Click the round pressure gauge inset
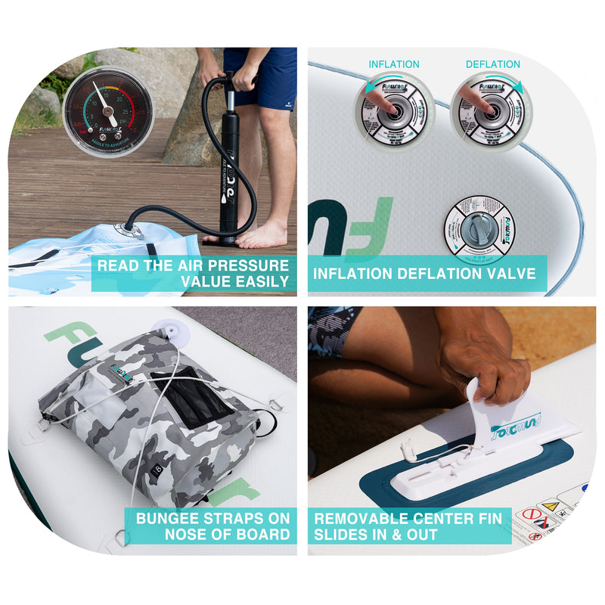pos(107,111)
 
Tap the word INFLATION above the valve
pos(393,64)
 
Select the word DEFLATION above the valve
pos(492,64)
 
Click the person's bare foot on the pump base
pos(261,234)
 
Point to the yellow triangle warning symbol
pos(550,506)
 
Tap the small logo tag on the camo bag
pos(120,373)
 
